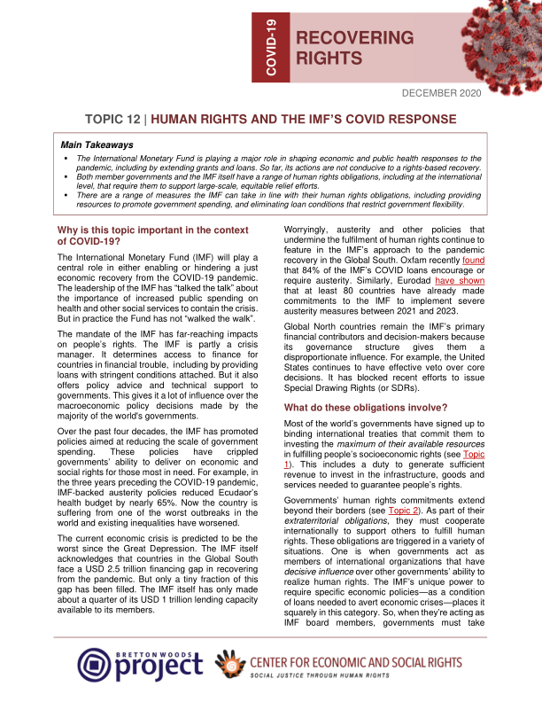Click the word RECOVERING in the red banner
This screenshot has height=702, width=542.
354,38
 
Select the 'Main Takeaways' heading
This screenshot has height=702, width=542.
97,144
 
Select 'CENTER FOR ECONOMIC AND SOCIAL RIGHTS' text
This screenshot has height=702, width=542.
364,658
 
